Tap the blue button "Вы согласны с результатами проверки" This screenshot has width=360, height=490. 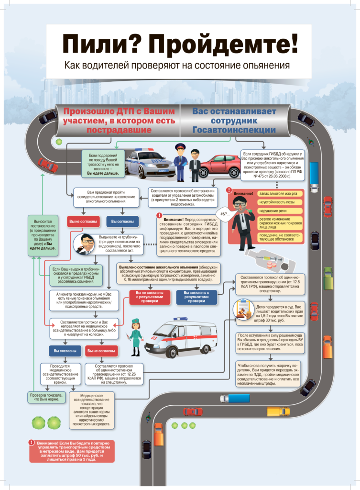(x=196, y=297)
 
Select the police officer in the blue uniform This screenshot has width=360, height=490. (x=180, y=163)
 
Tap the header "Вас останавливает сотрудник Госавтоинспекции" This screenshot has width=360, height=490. (x=234, y=121)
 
